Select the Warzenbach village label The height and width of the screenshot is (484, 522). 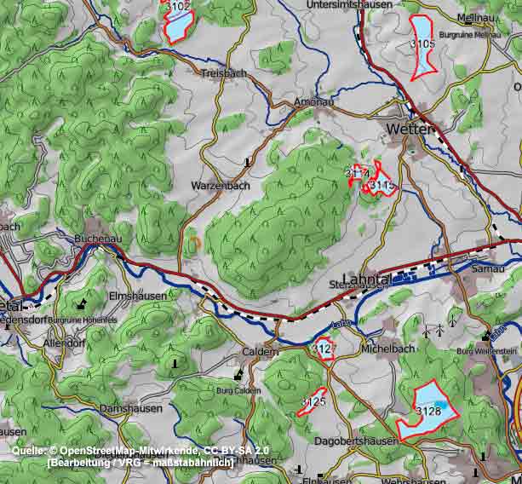point(221,185)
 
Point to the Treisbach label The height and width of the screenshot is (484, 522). point(224,73)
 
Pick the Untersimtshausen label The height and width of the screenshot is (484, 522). point(349,5)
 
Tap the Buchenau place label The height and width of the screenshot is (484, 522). point(98,239)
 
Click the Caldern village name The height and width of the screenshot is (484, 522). point(261,351)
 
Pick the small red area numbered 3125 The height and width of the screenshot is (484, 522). point(313,400)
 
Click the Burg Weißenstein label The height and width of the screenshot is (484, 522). point(486,350)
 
